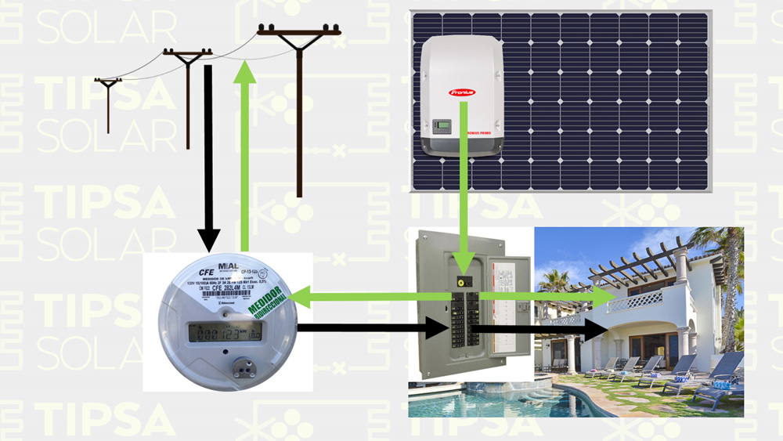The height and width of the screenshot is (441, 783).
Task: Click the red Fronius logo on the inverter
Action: tap(462, 92)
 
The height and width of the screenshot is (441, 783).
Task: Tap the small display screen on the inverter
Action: tap(443, 125)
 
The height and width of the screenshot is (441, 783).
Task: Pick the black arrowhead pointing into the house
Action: tap(596, 329)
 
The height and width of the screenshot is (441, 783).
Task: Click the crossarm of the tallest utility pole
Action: tap(299, 33)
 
